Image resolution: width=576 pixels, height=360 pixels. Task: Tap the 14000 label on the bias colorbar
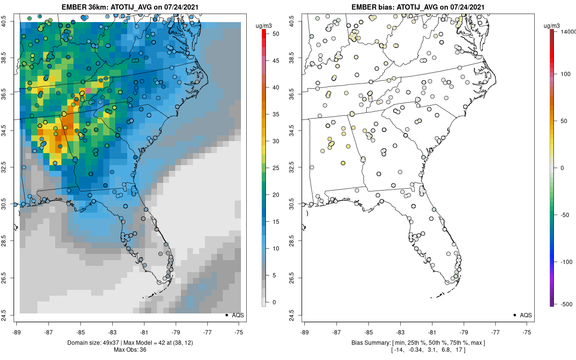coord(568,31)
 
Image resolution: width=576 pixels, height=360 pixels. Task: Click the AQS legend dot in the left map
coord(226,315)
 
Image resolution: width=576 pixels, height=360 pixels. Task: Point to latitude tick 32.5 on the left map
coord(10,168)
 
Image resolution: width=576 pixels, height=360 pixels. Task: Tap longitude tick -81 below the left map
coord(144,331)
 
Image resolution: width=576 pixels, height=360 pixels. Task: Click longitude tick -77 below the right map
coord(496,331)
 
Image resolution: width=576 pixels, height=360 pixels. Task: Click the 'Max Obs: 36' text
coord(130,349)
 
